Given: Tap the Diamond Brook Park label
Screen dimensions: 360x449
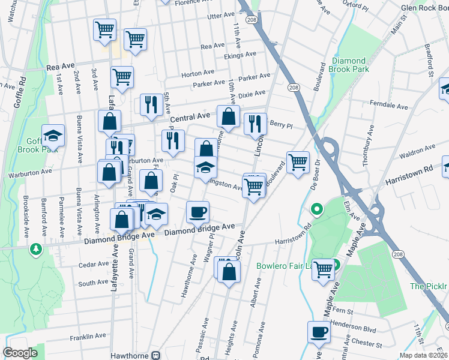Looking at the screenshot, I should pos(348,65).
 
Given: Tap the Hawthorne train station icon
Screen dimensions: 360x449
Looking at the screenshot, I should pos(156,355).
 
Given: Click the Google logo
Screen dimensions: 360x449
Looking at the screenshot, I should pos(20,353).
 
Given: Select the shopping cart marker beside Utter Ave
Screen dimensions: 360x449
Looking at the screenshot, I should pos(135,40).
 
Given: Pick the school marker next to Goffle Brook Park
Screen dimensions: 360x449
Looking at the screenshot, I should pos(53,136).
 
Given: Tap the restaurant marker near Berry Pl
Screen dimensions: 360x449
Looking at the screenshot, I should pos(256,124).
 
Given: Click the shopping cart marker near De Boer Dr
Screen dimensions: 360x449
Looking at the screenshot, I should pos(298,161).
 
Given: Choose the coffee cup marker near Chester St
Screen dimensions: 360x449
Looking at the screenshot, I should pos(318,331).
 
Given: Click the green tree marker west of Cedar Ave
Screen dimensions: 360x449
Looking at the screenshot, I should pos(37,248).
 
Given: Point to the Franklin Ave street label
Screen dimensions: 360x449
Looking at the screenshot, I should pos(87,337).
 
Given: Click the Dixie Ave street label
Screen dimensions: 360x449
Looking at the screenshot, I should pos(252,94).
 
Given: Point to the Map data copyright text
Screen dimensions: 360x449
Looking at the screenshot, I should pos(423,355).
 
